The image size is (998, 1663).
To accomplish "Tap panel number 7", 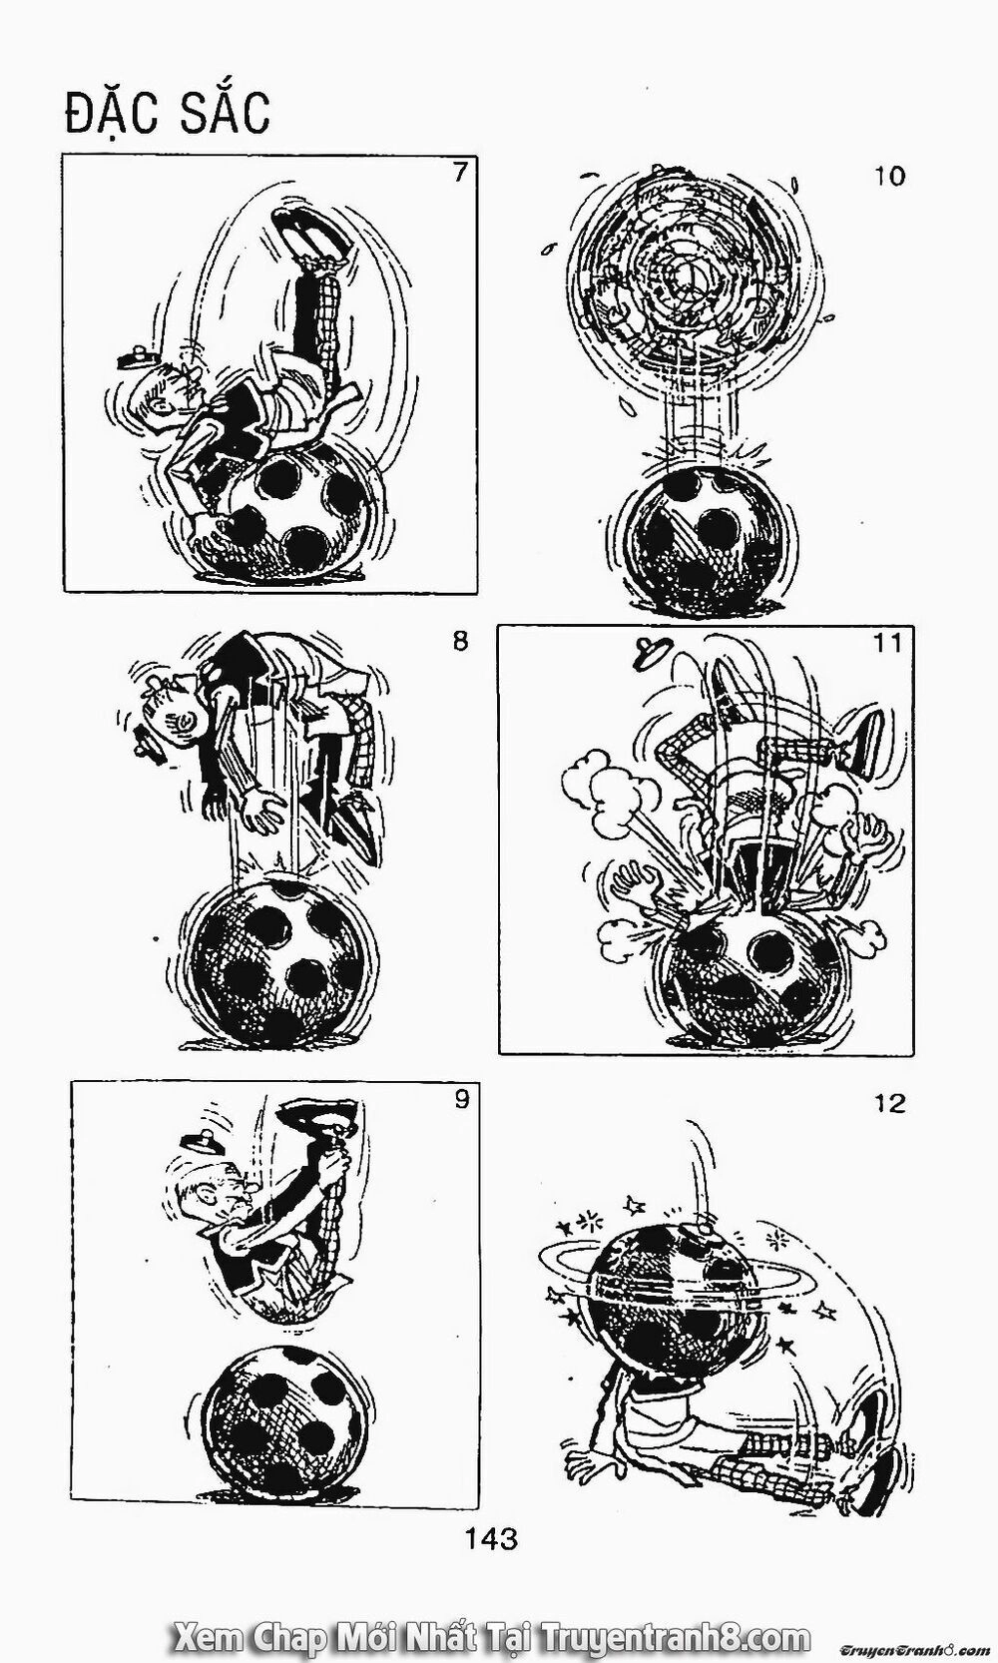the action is [x=460, y=173].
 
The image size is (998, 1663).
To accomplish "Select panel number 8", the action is [x=460, y=642].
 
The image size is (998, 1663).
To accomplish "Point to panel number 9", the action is [x=461, y=1098].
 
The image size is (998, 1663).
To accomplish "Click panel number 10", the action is [x=889, y=177].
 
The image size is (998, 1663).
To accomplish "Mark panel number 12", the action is [x=889, y=1104].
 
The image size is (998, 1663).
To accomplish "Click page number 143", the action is [x=490, y=1538].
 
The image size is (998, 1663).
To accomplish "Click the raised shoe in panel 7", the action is [x=311, y=232].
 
